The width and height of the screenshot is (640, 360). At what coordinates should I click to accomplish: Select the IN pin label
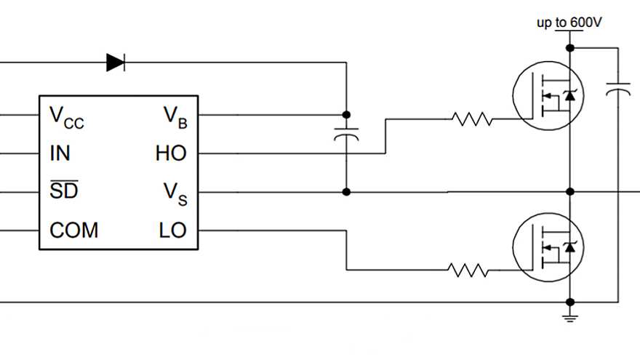60,153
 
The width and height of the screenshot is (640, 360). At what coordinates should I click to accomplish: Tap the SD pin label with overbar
63,192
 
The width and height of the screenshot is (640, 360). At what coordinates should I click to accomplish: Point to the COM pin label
73,231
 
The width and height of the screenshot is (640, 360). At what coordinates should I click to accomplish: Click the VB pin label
175,116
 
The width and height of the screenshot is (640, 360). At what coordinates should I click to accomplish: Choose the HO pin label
171,153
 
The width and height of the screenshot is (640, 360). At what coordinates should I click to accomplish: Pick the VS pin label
175,193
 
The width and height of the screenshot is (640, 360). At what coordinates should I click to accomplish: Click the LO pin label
172,231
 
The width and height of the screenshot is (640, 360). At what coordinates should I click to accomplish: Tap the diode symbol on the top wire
116,63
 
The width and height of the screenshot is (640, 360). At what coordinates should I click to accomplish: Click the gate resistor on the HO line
471,119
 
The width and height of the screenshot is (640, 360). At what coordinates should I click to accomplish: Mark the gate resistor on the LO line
468,271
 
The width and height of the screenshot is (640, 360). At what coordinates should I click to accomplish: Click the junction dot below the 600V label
570,48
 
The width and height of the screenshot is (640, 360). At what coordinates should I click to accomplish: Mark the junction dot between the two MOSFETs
570,192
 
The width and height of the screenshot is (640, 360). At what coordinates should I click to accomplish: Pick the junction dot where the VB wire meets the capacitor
346,115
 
